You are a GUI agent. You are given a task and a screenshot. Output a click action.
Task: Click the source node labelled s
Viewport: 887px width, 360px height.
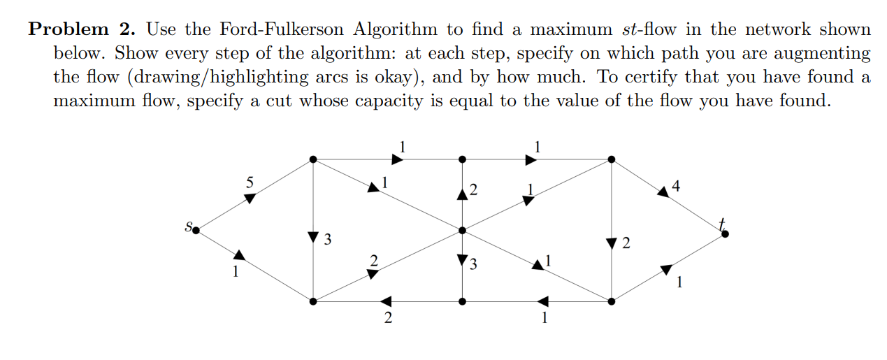[x=196, y=229]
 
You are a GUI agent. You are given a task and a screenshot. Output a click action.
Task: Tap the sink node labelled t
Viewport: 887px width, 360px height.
[x=725, y=233]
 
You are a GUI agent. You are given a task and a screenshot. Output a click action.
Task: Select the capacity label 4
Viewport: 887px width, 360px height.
[x=675, y=186]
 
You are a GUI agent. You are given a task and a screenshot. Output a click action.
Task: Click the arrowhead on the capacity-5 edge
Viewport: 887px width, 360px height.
[x=250, y=198]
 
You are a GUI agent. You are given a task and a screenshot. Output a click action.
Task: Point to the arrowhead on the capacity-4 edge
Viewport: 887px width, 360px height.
[x=662, y=192]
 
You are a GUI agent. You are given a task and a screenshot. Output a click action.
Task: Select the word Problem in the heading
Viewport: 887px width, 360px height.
[x=68, y=29]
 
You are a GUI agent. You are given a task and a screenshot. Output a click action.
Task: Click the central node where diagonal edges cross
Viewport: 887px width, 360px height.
[x=462, y=230]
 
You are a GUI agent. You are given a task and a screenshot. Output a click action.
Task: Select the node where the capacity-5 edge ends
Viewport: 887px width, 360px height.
[x=313, y=159]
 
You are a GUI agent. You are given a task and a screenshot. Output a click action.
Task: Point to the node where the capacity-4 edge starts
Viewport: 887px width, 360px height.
[x=612, y=159]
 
